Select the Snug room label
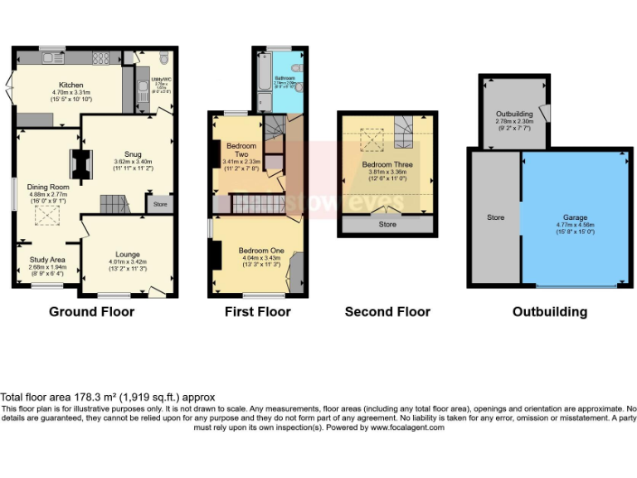133,154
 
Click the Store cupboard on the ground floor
160,203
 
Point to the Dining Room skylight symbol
43,217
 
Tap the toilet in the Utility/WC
163,59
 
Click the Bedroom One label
261,251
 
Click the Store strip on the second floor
387,224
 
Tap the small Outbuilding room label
514,113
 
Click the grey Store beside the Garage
495,218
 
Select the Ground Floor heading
91,312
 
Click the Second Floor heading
387,312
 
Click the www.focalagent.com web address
406,427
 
